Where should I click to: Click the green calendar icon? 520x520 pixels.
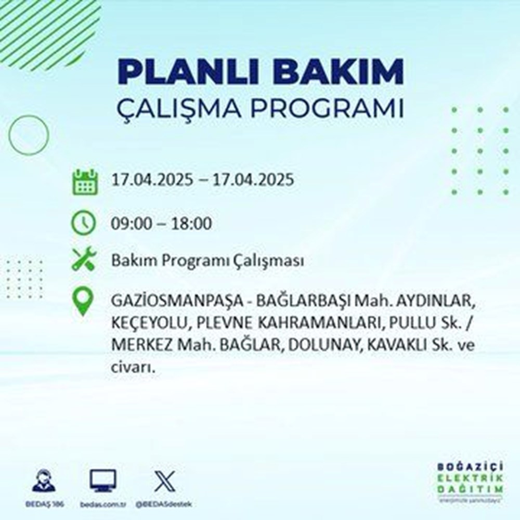pyautogui.click(x=84, y=181)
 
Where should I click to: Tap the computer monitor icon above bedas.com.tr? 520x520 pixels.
pyautogui.click(x=103, y=481)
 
